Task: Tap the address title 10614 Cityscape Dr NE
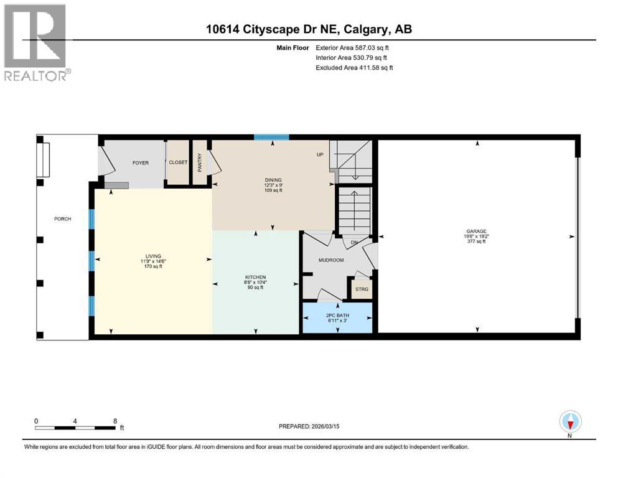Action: point(309,29)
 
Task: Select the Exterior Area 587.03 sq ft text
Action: point(354,47)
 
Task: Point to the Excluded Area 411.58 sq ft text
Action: point(354,67)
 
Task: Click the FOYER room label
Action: point(141,162)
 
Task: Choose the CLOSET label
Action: point(178,162)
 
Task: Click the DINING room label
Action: point(273,180)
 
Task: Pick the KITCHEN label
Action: point(255,277)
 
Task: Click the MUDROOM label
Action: point(331,260)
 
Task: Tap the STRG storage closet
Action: point(361,289)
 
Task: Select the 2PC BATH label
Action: point(337,316)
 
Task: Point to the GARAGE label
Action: point(477,231)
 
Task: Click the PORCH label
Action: point(62,218)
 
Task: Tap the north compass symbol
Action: point(570,423)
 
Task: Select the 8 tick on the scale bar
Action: point(114,421)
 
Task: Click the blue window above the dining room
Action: point(272,137)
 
